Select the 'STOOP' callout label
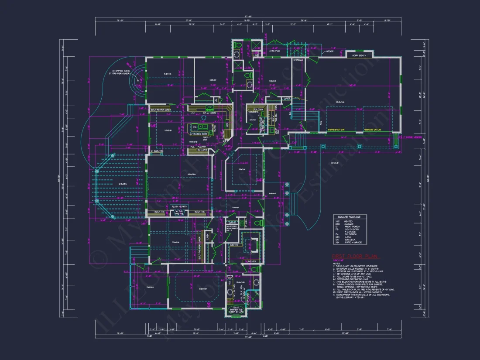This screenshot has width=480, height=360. pos(330,51)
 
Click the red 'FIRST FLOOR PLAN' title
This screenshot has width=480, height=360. pos(356,257)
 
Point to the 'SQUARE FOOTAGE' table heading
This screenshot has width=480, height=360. pos(350,217)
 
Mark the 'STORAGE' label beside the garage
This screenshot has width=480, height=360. pos(298,60)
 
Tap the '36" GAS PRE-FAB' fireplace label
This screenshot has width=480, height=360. pos(179,213)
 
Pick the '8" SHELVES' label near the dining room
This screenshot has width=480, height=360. pos(157,151)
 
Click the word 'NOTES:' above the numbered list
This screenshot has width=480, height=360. pos(336,263)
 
